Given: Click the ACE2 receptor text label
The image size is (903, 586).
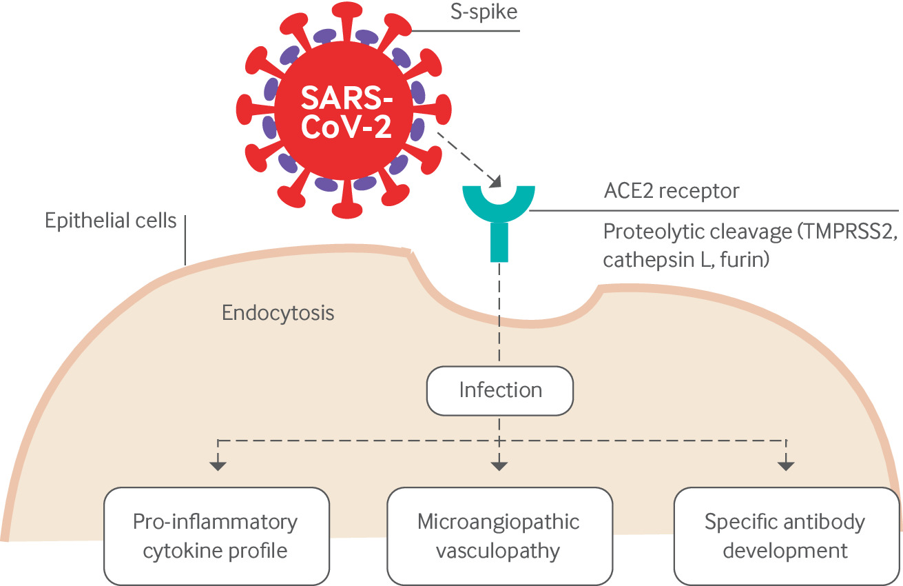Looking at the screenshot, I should tap(671, 190).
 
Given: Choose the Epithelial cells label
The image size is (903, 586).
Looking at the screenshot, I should tap(110, 221).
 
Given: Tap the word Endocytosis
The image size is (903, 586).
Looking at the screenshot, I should tap(278, 313).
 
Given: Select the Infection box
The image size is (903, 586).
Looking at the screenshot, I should tap(500, 390).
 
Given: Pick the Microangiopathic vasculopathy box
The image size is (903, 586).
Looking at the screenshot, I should tap(499, 536).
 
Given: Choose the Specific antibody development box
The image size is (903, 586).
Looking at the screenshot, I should tap(785, 536).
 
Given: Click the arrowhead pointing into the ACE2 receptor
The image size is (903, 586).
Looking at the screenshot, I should tap(494, 181).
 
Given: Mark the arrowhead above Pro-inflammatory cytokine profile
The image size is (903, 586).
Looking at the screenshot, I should tap(218, 466).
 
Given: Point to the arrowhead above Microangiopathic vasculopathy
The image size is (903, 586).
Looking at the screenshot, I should tap(500, 466).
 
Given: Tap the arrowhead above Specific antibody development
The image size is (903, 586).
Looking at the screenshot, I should tap(785, 466).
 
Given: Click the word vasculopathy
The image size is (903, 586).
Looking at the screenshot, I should tap(498, 552).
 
